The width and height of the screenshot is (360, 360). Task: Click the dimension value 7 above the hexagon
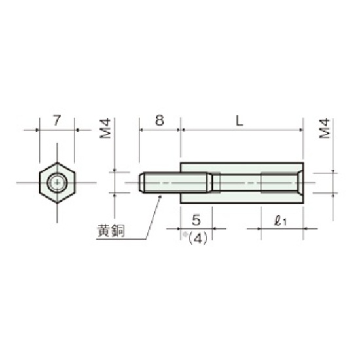(56, 120)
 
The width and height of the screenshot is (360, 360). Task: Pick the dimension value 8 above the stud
(159, 120)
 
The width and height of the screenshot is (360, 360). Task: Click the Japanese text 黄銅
(111, 232)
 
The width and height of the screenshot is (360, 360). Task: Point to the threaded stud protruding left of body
(160, 181)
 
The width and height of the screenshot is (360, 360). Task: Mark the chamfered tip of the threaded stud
(142, 181)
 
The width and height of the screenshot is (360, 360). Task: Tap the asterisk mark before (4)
(184, 234)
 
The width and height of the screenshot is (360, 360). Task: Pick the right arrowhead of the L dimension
(301, 130)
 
